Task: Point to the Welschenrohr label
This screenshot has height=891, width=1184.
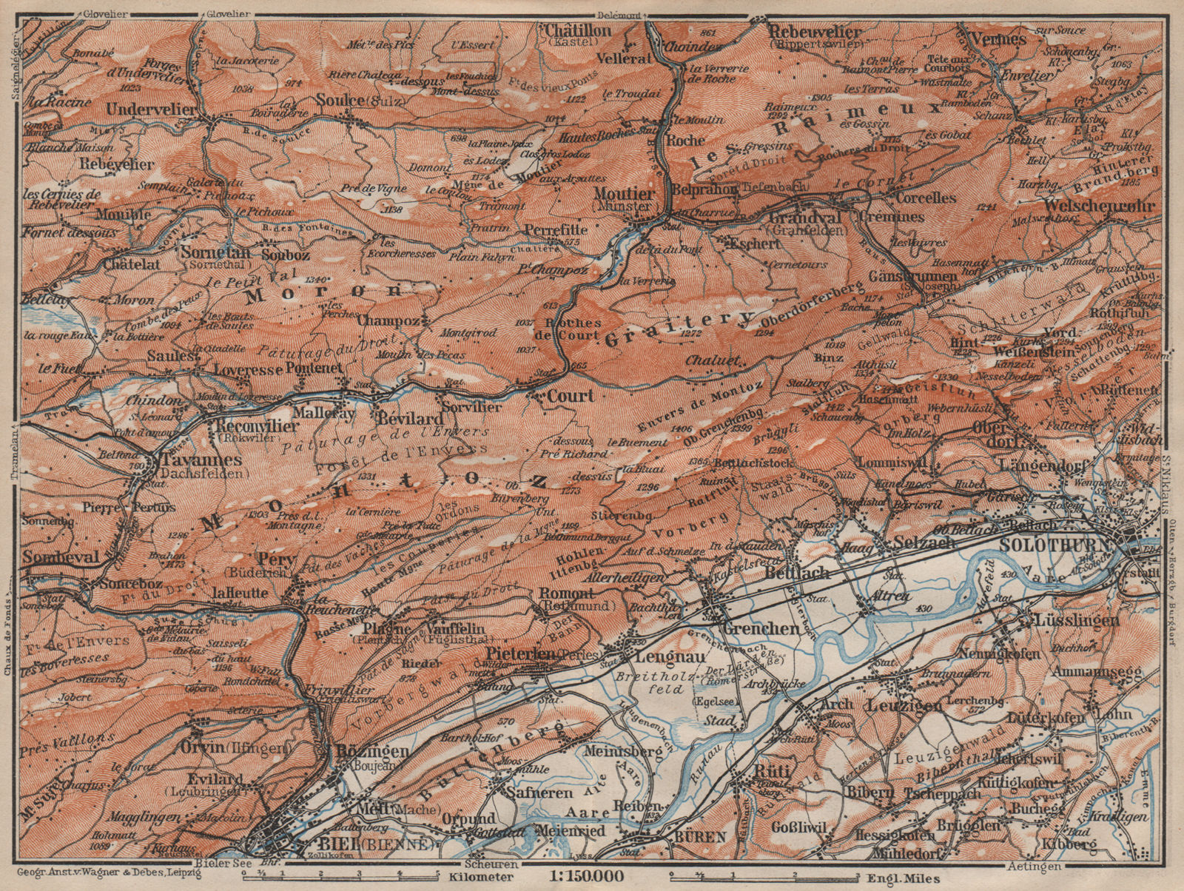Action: tap(1100, 205)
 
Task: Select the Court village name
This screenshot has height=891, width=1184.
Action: tap(571, 396)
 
